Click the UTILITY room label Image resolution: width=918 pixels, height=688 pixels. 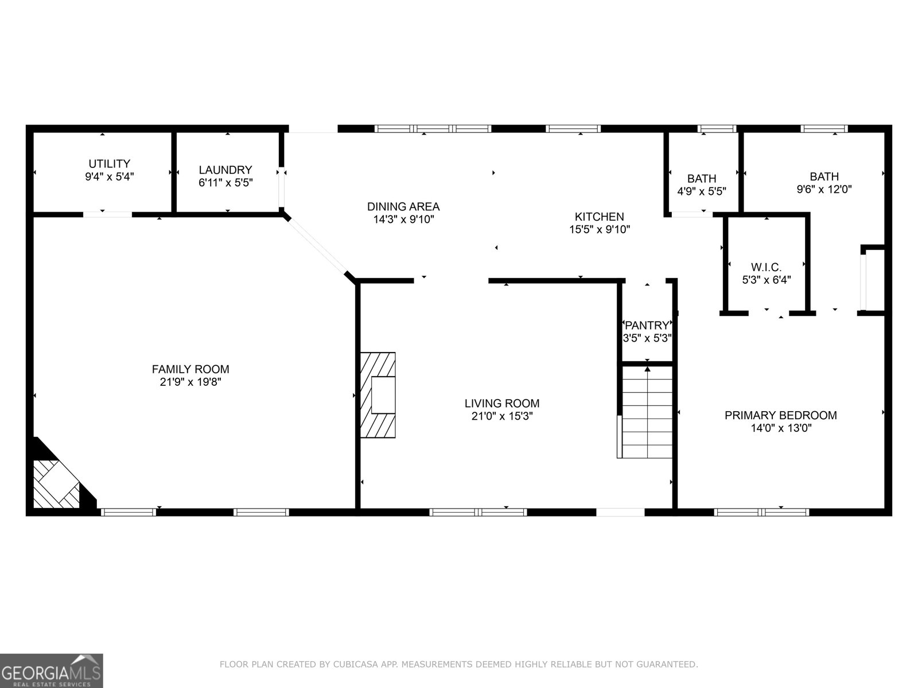click(x=109, y=164)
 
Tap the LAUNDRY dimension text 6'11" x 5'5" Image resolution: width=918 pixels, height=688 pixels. click(x=225, y=183)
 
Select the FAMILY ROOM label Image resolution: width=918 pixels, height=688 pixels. click(x=190, y=369)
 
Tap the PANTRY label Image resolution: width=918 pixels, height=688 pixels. click(x=647, y=326)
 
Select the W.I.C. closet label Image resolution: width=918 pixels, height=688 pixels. click(x=766, y=267)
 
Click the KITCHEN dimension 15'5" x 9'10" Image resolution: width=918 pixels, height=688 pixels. click(x=599, y=229)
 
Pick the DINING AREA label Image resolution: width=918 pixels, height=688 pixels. click(x=403, y=206)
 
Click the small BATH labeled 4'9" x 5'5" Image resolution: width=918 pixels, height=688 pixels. click(x=701, y=179)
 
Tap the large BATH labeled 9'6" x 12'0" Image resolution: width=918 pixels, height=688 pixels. click(x=824, y=177)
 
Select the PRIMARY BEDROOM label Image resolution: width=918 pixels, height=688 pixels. click(x=780, y=415)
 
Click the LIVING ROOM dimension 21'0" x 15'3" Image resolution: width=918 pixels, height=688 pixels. click(x=502, y=417)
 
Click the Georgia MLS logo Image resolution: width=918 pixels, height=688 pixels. click(x=52, y=670)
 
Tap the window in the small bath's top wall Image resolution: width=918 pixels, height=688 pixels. click(x=717, y=129)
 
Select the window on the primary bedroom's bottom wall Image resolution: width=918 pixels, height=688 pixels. click(x=761, y=512)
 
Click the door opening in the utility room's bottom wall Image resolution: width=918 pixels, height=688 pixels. click(x=108, y=215)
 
